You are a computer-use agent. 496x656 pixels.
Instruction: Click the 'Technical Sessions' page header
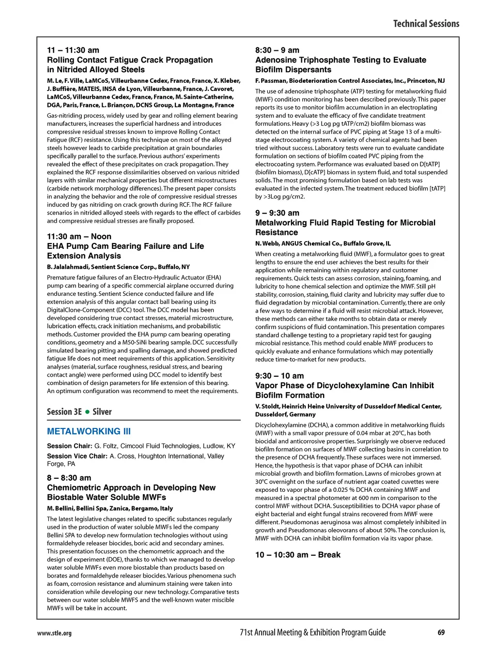(426, 24)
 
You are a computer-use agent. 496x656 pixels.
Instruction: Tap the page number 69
(441, 632)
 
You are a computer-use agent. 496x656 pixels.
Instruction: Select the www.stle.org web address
(54, 633)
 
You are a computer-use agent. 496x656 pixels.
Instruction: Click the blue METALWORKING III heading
(89, 431)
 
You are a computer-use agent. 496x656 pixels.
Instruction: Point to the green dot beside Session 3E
(87, 412)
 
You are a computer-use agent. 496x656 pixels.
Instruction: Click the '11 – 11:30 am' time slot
(73, 50)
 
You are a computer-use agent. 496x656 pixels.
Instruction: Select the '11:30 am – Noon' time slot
(79, 237)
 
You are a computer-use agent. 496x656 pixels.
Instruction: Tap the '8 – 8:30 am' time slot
(69, 478)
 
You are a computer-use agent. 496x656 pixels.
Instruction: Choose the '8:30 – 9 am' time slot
(277, 50)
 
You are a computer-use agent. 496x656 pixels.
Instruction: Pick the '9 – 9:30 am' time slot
(277, 213)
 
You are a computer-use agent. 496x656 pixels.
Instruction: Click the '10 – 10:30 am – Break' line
(298, 555)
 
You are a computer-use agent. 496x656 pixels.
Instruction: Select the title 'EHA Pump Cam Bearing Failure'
(125, 246)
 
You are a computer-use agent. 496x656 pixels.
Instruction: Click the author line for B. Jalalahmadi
(118, 267)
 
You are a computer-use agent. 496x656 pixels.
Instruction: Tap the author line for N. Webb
(323, 244)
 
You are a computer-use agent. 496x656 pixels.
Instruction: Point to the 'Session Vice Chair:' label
(77, 456)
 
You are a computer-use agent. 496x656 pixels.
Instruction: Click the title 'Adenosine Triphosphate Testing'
(341, 60)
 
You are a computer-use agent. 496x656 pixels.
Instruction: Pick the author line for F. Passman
(350, 81)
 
